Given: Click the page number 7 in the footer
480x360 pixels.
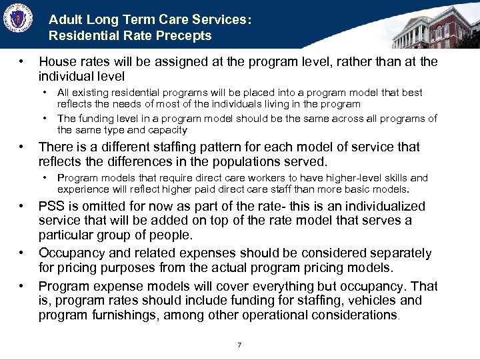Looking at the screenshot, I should coord(239,345).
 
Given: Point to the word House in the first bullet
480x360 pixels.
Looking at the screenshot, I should coord(56,62).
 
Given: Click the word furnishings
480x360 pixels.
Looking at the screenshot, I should coord(123,315).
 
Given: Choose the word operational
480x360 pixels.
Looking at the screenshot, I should coord(282,315).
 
